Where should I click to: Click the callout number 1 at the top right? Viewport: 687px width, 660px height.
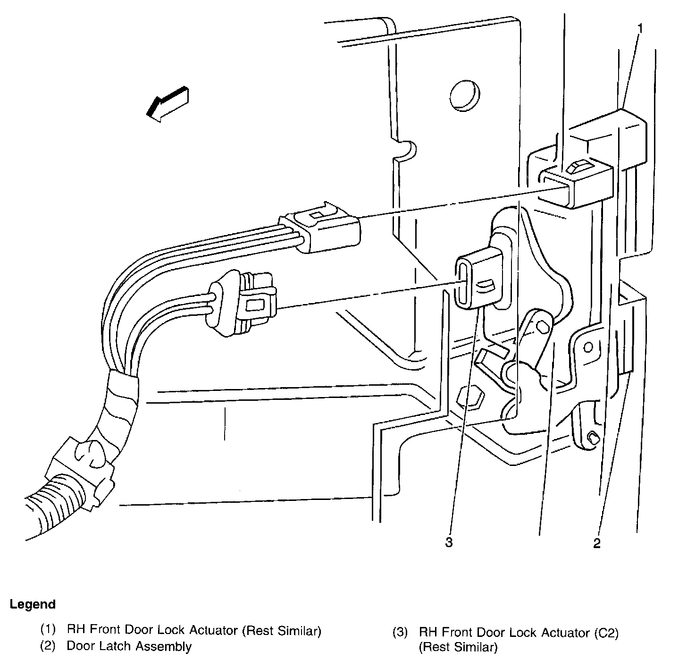(x=640, y=29)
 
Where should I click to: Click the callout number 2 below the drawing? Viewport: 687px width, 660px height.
(x=597, y=543)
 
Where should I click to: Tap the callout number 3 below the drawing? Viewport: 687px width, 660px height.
(x=449, y=542)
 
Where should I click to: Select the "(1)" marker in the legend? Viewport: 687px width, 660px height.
(x=48, y=630)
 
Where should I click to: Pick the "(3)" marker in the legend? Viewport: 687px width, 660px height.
(x=400, y=632)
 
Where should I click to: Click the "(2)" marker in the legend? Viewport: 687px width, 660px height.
(x=48, y=646)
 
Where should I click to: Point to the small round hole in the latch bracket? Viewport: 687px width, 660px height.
(x=588, y=347)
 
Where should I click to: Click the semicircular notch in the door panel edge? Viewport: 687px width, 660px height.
(x=407, y=150)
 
